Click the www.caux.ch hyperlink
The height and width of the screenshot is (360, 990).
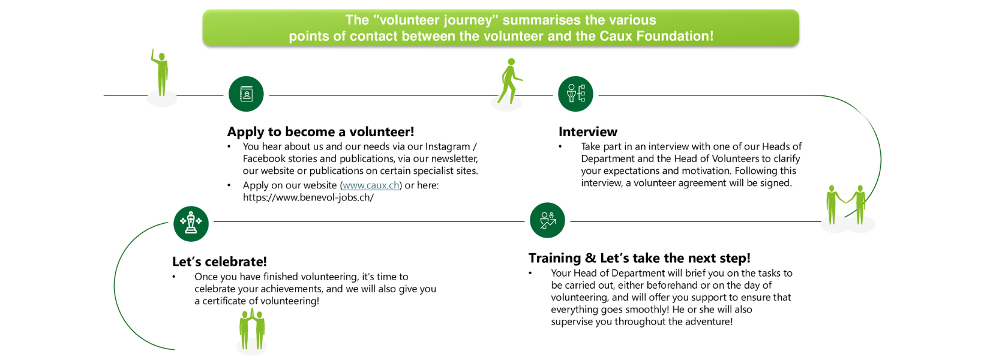371,185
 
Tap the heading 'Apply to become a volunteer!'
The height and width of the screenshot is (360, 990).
320,132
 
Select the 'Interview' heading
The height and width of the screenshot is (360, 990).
587,132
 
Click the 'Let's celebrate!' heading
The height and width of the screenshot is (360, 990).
219,262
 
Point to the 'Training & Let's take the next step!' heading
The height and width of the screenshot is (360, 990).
639,258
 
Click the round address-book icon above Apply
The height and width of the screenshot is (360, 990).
246,94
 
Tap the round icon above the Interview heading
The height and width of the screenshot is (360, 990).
575,94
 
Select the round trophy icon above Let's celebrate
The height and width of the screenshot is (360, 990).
191,224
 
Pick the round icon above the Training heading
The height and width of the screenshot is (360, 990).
547,220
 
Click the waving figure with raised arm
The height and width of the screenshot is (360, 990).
161,74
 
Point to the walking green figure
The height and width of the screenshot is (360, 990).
509,82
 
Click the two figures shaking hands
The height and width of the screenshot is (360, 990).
846,205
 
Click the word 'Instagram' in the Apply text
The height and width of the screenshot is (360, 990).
448,146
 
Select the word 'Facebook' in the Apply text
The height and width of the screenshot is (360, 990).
264,158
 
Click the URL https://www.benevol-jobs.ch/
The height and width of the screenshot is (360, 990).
308,197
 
